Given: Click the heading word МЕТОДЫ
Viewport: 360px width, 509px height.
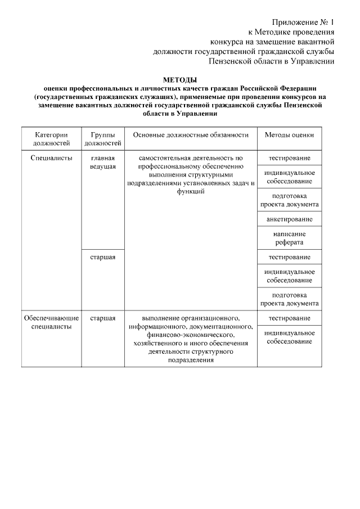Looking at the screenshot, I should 180,80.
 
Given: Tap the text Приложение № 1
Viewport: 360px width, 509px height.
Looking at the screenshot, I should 303,22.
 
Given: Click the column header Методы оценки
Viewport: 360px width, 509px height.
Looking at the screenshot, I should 289,135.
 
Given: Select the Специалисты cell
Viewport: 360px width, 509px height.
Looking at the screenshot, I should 51,158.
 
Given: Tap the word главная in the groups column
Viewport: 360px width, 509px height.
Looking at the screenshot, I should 102,158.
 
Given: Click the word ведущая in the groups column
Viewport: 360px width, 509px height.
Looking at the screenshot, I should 102,166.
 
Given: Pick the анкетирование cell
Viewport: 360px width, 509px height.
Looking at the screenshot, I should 289,219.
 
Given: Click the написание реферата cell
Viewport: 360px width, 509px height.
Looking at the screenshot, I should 289,238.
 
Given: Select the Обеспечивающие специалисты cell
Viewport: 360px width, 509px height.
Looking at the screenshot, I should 51,322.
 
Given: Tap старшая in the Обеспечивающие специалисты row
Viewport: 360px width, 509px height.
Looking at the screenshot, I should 102,318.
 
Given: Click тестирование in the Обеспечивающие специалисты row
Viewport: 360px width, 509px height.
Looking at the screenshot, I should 289,318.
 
